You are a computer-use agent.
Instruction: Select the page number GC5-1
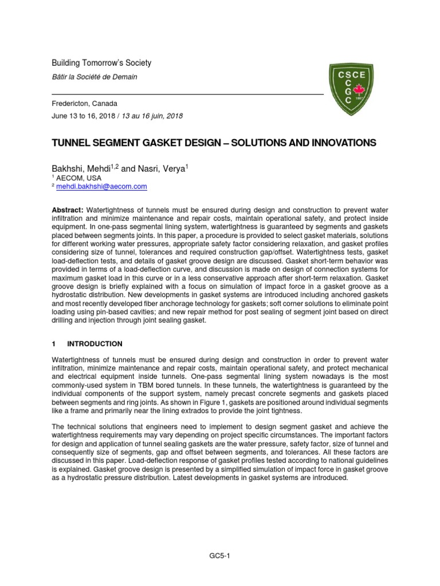pos(220,555)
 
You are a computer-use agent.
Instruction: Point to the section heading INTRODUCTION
pos(95,344)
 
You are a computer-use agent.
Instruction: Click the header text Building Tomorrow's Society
pos(102,63)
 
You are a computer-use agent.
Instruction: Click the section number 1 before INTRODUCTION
pos(54,344)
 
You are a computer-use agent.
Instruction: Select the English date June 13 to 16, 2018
pos(84,116)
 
